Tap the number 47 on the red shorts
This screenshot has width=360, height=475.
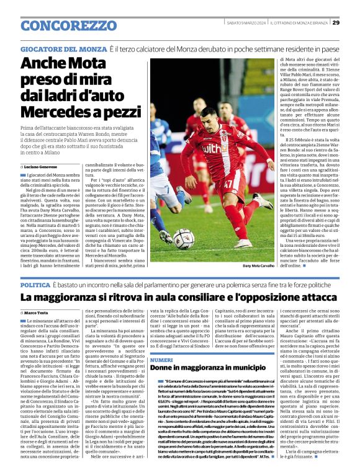click(x=228, y=184)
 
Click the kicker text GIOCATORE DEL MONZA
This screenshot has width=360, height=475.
click(x=63, y=48)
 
